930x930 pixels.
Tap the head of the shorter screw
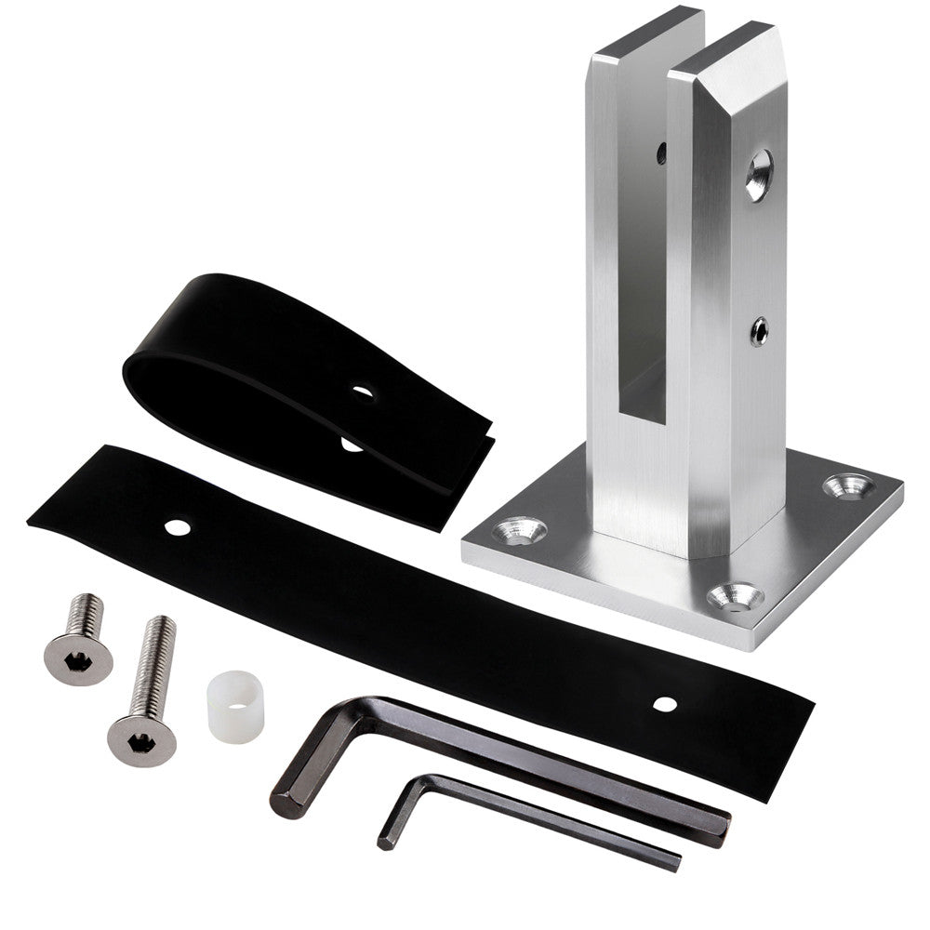click(78, 654)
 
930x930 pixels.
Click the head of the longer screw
click(140, 738)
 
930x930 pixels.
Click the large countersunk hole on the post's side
click(758, 174)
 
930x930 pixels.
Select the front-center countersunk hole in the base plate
click(736, 596)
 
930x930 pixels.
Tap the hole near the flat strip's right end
click(663, 704)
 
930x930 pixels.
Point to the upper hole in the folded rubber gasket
click(363, 392)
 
